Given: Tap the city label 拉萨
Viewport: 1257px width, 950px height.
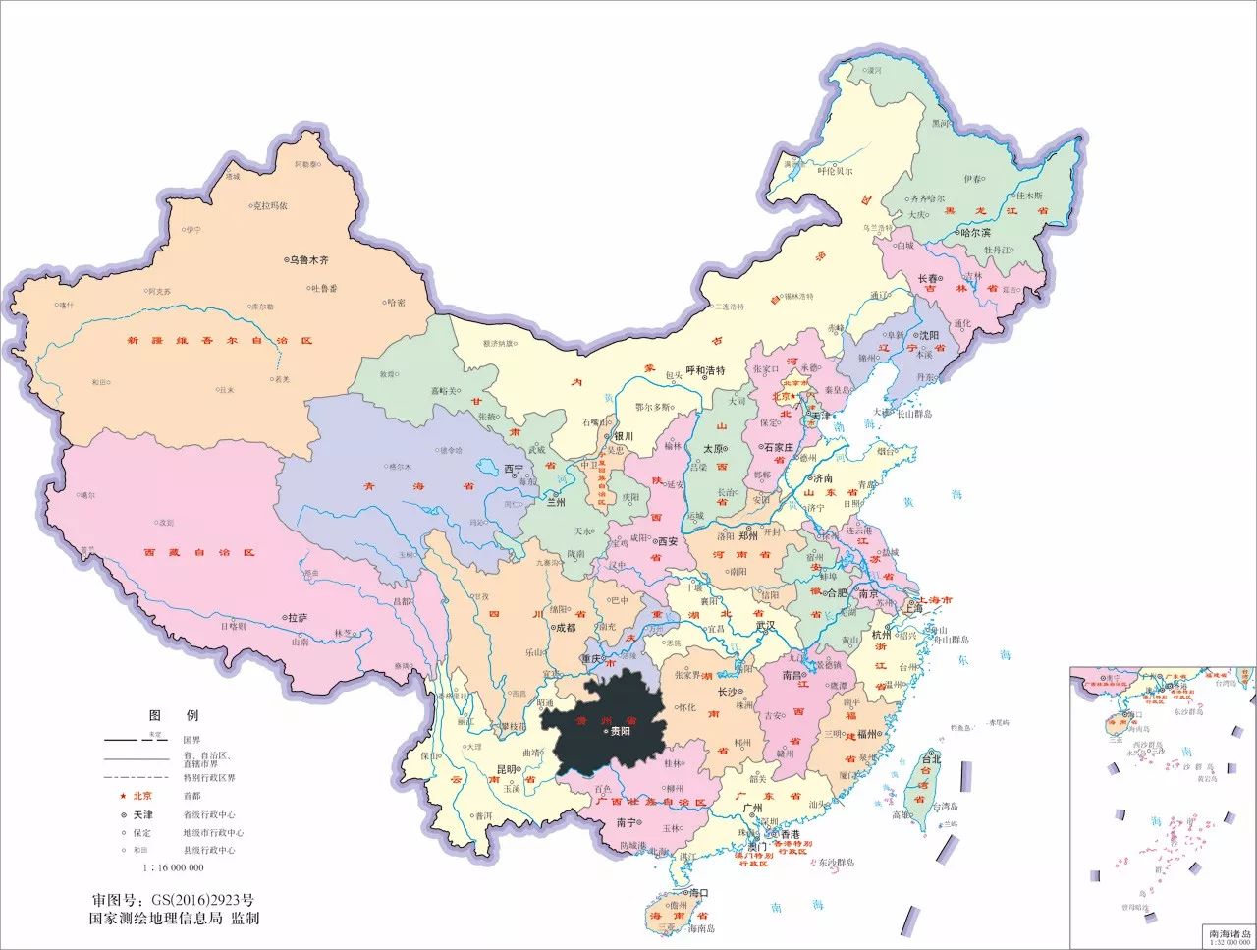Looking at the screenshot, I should (x=298, y=618).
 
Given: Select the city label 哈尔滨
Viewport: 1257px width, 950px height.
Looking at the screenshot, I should (x=976, y=233).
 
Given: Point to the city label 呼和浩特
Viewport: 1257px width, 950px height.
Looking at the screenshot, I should (x=704, y=371).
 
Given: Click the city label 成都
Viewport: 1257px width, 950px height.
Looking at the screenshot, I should (x=567, y=627).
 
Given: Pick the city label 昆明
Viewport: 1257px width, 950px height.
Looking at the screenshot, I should (x=506, y=768).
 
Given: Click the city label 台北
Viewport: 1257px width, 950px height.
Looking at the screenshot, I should (x=931, y=758).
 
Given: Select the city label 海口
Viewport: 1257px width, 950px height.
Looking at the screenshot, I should (x=699, y=893).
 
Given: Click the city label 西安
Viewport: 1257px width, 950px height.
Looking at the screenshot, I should (x=668, y=541).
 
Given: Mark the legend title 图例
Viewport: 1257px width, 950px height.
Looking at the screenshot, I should (x=173, y=715).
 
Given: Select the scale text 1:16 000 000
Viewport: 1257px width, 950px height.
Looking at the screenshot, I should (x=174, y=867).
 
